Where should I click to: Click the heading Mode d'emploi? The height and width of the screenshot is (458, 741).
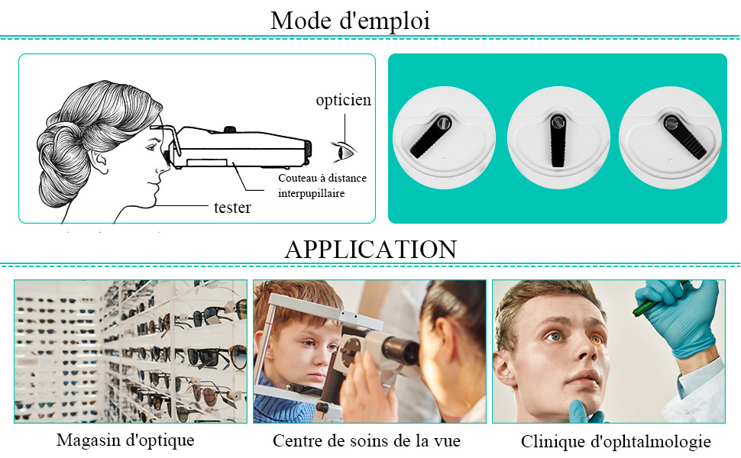(x=350, y=21)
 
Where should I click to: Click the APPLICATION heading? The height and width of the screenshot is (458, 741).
(x=370, y=249)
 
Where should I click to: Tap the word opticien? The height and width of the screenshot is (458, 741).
(x=344, y=100)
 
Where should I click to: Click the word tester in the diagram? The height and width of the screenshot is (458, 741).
(x=232, y=207)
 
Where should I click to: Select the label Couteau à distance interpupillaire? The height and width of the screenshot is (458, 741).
(x=322, y=185)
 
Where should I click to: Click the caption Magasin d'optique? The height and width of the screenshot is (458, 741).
(x=125, y=440)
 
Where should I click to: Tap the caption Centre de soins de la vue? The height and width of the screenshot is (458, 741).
(x=367, y=440)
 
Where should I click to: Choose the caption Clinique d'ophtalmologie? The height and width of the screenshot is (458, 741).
(x=616, y=441)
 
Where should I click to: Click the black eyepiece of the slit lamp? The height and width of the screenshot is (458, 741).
(x=400, y=350)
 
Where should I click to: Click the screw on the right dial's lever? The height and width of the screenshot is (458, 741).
(x=673, y=120)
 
